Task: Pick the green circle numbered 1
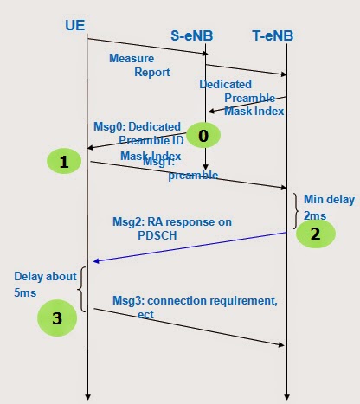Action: (63, 160)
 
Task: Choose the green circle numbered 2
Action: (317, 233)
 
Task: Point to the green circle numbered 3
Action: (57, 317)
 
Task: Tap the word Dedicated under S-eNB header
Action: (226, 85)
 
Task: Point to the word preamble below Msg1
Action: (192, 175)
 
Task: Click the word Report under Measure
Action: (151, 73)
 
